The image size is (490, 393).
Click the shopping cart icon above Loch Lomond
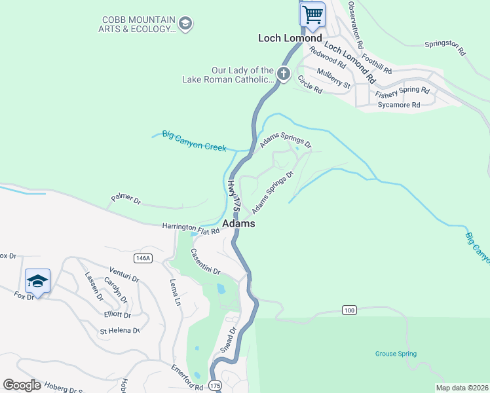point(312,14)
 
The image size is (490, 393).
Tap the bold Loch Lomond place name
point(290,39)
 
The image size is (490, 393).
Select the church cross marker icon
point(283,73)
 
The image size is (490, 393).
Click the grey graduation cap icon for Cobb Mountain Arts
point(185,24)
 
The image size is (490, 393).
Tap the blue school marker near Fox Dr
point(37,282)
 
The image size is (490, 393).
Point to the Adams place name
point(238,224)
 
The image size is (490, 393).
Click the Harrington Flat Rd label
point(191,227)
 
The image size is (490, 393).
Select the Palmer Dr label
point(126,198)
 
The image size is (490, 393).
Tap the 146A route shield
point(142,258)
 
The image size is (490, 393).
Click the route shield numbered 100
point(349,309)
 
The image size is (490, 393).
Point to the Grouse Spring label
point(396,354)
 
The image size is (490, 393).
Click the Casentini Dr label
point(206,261)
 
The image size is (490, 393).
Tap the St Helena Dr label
point(120,331)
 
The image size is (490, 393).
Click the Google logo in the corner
point(22,384)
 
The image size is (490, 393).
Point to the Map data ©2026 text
point(462,388)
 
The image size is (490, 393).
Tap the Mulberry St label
point(334,78)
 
